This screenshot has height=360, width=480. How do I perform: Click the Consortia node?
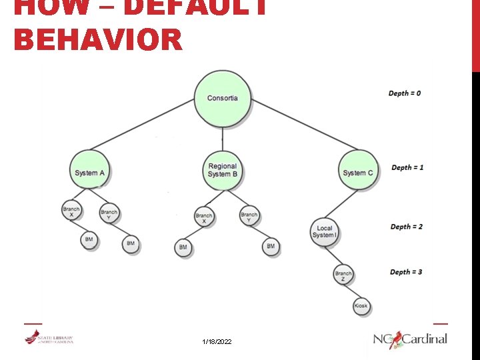[223, 99]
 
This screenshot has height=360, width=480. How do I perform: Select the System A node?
[90, 173]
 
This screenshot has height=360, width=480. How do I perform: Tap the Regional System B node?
[223, 171]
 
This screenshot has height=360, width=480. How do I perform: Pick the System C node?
[358, 173]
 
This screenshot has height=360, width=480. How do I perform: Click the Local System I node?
[324, 231]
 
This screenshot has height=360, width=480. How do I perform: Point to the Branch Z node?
[343, 274]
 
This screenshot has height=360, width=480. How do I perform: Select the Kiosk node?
[361, 306]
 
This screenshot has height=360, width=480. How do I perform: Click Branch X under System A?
[71, 212]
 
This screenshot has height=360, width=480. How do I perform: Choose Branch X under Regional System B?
[204, 217]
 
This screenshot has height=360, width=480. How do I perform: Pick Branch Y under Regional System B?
[249, 217]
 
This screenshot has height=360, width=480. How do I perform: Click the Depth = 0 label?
[405, 93]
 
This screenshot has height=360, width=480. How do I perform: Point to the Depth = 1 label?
[407, 167]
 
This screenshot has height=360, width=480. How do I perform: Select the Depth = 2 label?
[406, 227]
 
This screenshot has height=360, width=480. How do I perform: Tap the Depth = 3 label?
[406, 272]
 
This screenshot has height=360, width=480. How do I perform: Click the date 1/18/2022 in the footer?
[217, 341]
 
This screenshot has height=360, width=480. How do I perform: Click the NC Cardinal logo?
[410, 339]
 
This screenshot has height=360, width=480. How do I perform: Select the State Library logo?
[49, 339]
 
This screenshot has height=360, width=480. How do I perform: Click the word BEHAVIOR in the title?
[97, 39]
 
